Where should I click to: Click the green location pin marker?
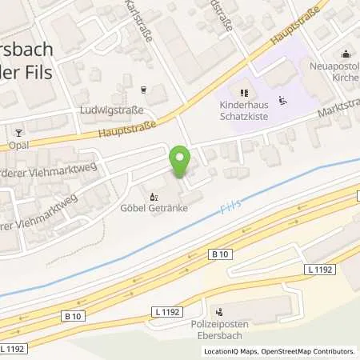point(179,162)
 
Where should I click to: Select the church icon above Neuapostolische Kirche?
point(344,54)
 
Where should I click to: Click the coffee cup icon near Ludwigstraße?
point(144,90)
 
